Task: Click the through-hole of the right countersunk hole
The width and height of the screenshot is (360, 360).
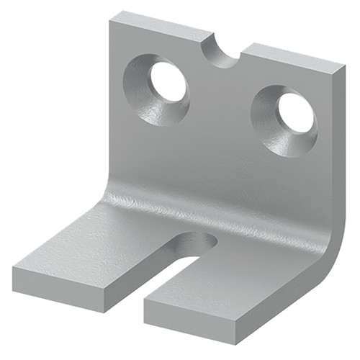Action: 295,113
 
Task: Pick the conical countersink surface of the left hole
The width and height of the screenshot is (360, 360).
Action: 144,90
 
